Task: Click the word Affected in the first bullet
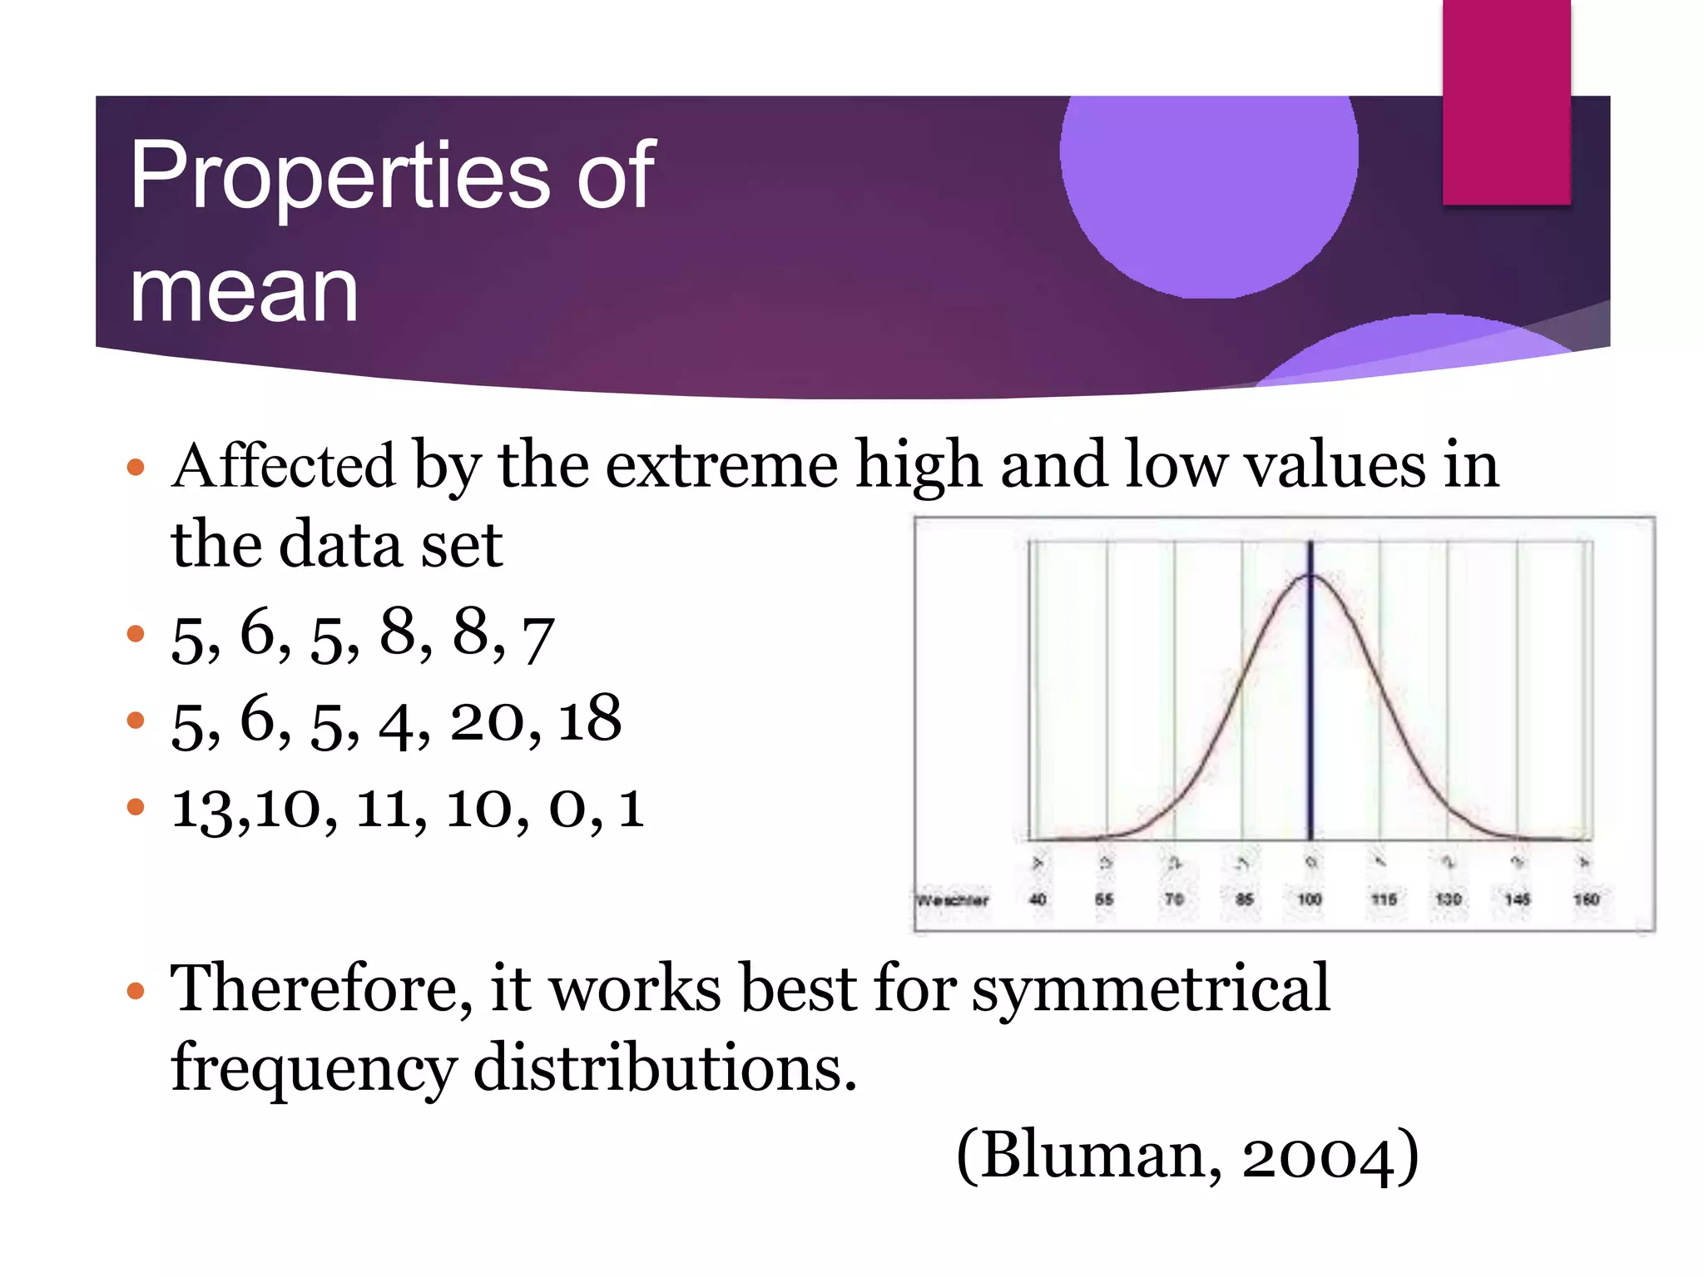(283, 466)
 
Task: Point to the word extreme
(721, 466)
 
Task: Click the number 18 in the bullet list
(589, 718)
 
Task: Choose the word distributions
(664, 1068)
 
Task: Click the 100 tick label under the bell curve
(1310, 899)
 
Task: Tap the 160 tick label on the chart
(1586, 899)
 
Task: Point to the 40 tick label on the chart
(1038, 899)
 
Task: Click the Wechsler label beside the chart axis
(953, 900)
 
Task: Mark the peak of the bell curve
(1310, 575)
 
